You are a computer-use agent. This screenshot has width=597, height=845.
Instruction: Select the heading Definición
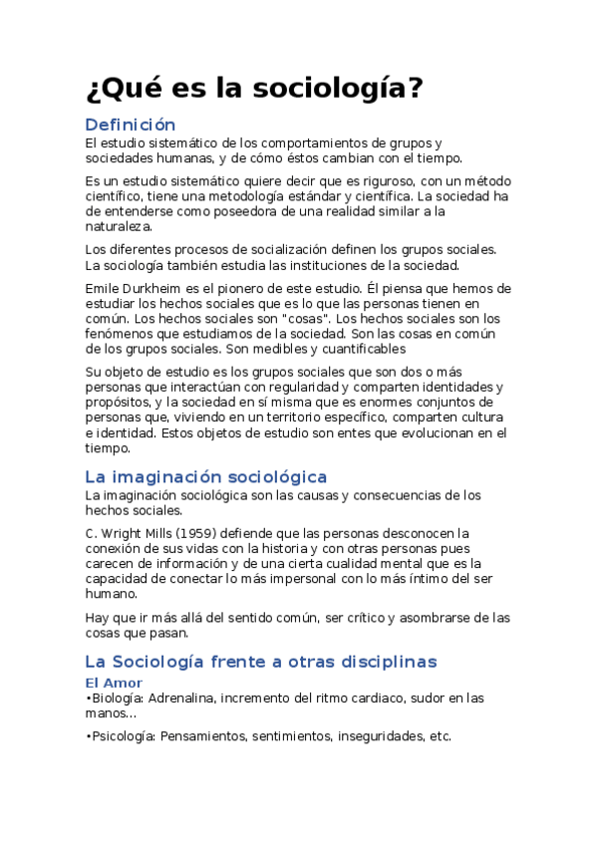[131, 125]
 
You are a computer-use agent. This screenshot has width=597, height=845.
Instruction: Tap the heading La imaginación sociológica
[205, 477]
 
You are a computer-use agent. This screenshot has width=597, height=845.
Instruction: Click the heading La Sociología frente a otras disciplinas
[260, 661]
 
